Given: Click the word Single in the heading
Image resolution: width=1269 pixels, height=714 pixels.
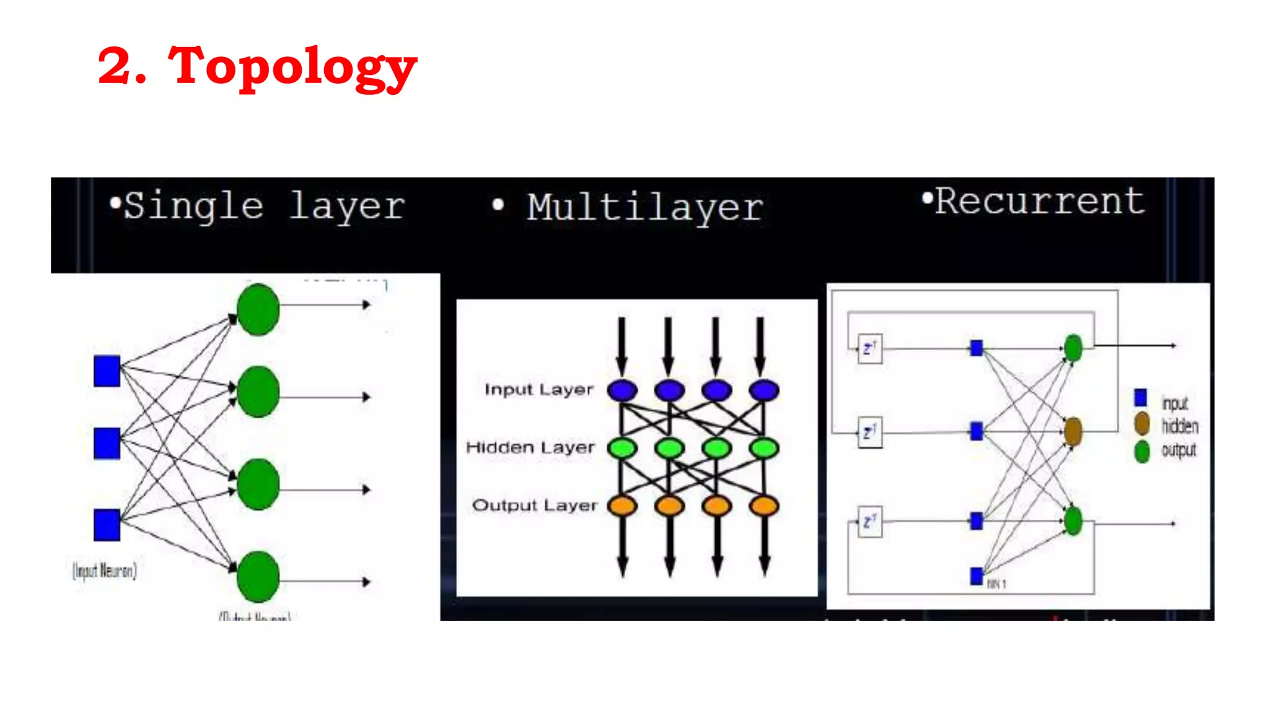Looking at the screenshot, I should coord(194,206).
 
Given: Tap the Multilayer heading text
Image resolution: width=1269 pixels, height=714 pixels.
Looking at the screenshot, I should coord(645,208).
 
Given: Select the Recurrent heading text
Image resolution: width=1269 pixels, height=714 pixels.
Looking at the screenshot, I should coord(1039,201).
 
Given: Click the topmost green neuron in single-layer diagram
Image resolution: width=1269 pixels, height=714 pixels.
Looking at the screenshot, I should coord(258,309).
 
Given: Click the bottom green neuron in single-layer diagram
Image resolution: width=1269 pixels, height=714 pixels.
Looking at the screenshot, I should coord(258,576).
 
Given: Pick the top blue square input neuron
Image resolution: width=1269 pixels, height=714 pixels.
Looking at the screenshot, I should coord(107,371).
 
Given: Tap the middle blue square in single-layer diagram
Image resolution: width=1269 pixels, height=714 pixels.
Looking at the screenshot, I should coord(107,443).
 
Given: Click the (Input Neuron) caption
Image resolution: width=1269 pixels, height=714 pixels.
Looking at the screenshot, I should coord(105,570).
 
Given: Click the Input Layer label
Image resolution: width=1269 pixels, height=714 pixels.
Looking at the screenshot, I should coord(538,390).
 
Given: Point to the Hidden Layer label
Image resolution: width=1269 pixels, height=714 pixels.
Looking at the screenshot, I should coord(530,447).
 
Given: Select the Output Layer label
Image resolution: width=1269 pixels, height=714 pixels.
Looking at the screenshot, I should coord(535,506).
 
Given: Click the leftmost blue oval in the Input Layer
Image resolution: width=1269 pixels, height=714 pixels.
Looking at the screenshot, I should coord(622,390).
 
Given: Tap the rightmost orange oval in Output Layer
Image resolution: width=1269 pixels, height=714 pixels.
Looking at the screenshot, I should coord(763,506).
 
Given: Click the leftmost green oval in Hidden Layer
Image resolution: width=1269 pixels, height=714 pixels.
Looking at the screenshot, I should coord(622,447).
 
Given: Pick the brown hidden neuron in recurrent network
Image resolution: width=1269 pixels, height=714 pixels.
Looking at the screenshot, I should coord(1073,431).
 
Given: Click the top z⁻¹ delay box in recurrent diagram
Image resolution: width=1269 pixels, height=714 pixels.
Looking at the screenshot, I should coord(870,349).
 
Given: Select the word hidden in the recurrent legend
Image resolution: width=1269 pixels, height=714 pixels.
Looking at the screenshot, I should coord(1180,426).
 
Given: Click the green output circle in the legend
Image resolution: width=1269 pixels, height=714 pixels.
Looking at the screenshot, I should coord(1142,451).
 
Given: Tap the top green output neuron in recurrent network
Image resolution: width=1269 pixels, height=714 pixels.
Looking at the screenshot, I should coord(1073,348).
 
